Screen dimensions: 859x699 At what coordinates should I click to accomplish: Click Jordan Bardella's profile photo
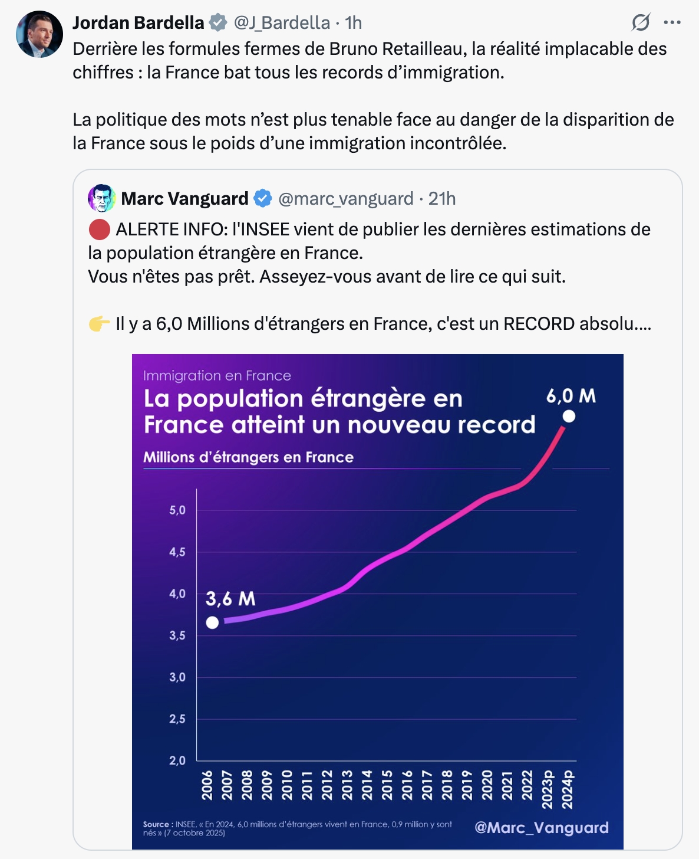(39, 34)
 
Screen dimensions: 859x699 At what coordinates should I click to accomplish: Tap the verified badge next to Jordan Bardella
(218, 23)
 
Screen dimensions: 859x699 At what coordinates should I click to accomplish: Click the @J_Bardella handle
(282, 23)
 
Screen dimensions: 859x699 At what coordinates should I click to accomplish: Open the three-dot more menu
(672, 23)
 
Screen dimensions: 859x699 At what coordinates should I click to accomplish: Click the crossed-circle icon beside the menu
(641, 23)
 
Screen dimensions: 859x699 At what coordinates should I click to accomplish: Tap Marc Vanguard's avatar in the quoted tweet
(101, 198)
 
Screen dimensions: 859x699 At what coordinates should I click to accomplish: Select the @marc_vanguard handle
(346, 199)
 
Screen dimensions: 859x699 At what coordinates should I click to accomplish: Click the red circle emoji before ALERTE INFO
(99, 229)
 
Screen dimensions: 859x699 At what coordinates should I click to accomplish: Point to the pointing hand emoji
(99, 324)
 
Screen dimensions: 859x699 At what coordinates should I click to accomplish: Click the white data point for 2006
(212, 622)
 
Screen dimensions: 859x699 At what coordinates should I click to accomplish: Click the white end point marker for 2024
(569, 417)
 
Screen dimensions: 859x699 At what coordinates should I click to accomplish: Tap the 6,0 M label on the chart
(571, 396)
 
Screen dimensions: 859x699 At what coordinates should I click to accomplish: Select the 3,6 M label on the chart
(230, 599)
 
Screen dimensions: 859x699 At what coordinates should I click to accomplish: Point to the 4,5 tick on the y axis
(177, 552)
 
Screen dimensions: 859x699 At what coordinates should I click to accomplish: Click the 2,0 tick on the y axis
(177, 760)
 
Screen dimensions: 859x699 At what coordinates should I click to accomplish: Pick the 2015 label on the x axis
(387, 785)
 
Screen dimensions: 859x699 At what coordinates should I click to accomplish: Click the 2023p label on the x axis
(548, 789)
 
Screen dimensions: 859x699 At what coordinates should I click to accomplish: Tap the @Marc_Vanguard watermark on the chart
(541, 828)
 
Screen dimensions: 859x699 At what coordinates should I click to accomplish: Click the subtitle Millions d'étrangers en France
(248, 457)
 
